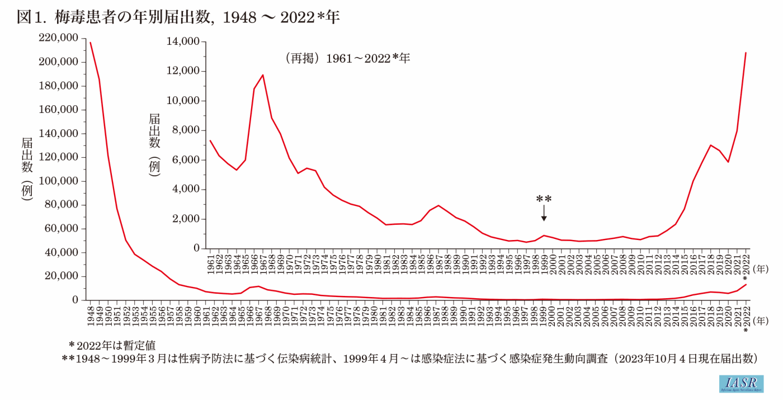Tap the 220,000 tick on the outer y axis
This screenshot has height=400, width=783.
coord(59,38)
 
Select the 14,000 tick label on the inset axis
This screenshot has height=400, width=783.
coord(183,42)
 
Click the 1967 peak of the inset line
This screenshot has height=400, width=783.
coord(262,75)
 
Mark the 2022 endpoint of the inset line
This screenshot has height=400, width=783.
coord(746,53)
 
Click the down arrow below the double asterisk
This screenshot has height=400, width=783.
coord(544,213)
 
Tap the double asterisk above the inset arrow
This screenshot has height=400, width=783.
coord(544,199)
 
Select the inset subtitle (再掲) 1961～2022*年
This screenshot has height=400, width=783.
coord(347,58)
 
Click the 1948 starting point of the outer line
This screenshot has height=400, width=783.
coord(90,43)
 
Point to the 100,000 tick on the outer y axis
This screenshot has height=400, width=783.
coord(59,181)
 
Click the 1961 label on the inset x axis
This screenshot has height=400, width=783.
coord(210,264)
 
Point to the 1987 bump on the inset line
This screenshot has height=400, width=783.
coord(438,205)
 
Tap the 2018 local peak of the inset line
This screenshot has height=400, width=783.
coord(710,145)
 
